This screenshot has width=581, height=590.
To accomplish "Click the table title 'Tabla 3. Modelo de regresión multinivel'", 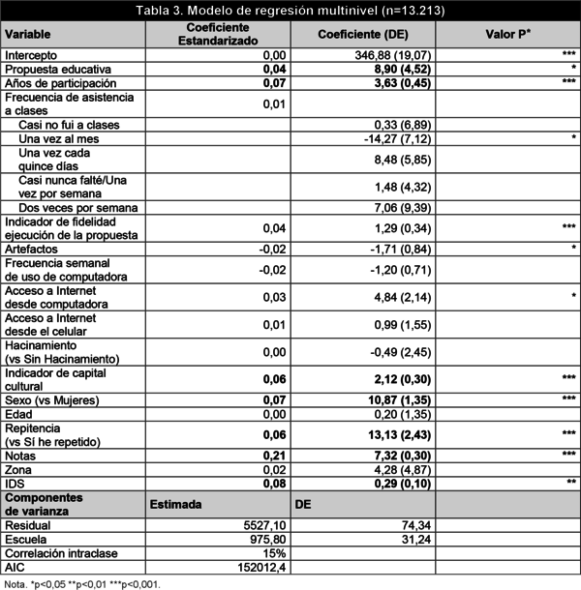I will point(290,10).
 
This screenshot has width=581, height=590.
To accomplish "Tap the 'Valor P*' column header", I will point(506,35).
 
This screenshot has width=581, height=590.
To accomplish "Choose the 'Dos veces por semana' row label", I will point(77,208).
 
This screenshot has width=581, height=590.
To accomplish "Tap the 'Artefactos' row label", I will point(31,250).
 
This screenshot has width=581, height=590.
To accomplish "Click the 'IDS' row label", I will point(15,483).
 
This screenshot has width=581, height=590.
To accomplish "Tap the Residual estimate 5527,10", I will point(261,525).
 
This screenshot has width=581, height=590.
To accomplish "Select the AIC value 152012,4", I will point(260,568).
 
